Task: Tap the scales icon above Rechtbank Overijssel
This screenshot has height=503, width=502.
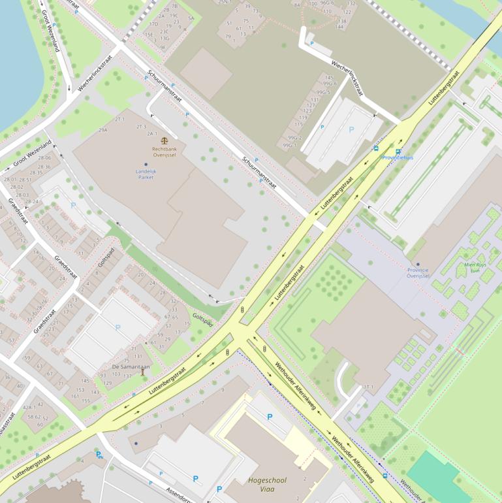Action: (x=163, y=140)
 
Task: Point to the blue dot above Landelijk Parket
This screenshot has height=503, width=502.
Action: (x=146, y=165)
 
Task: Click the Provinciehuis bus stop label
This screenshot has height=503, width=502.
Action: (x=398, y=157)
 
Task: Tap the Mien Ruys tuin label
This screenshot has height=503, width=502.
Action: (x=475, y=268)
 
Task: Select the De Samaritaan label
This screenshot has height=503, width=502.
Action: (x=131, y=366)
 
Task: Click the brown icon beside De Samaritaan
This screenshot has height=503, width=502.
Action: (x=143, y=372)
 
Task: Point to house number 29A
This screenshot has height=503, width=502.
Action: (x=102, y=130)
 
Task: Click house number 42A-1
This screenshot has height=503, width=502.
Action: (x=30, y=406)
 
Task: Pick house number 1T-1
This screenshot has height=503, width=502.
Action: (x=369, y=387)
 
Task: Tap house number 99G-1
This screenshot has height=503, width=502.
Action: (x=290, y=145)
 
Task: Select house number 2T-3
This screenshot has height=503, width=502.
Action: (x=140, y=126)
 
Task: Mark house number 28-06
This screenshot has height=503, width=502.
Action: (x=44, y=158)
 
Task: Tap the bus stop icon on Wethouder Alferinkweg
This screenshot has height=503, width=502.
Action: (x=385, y=476)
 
